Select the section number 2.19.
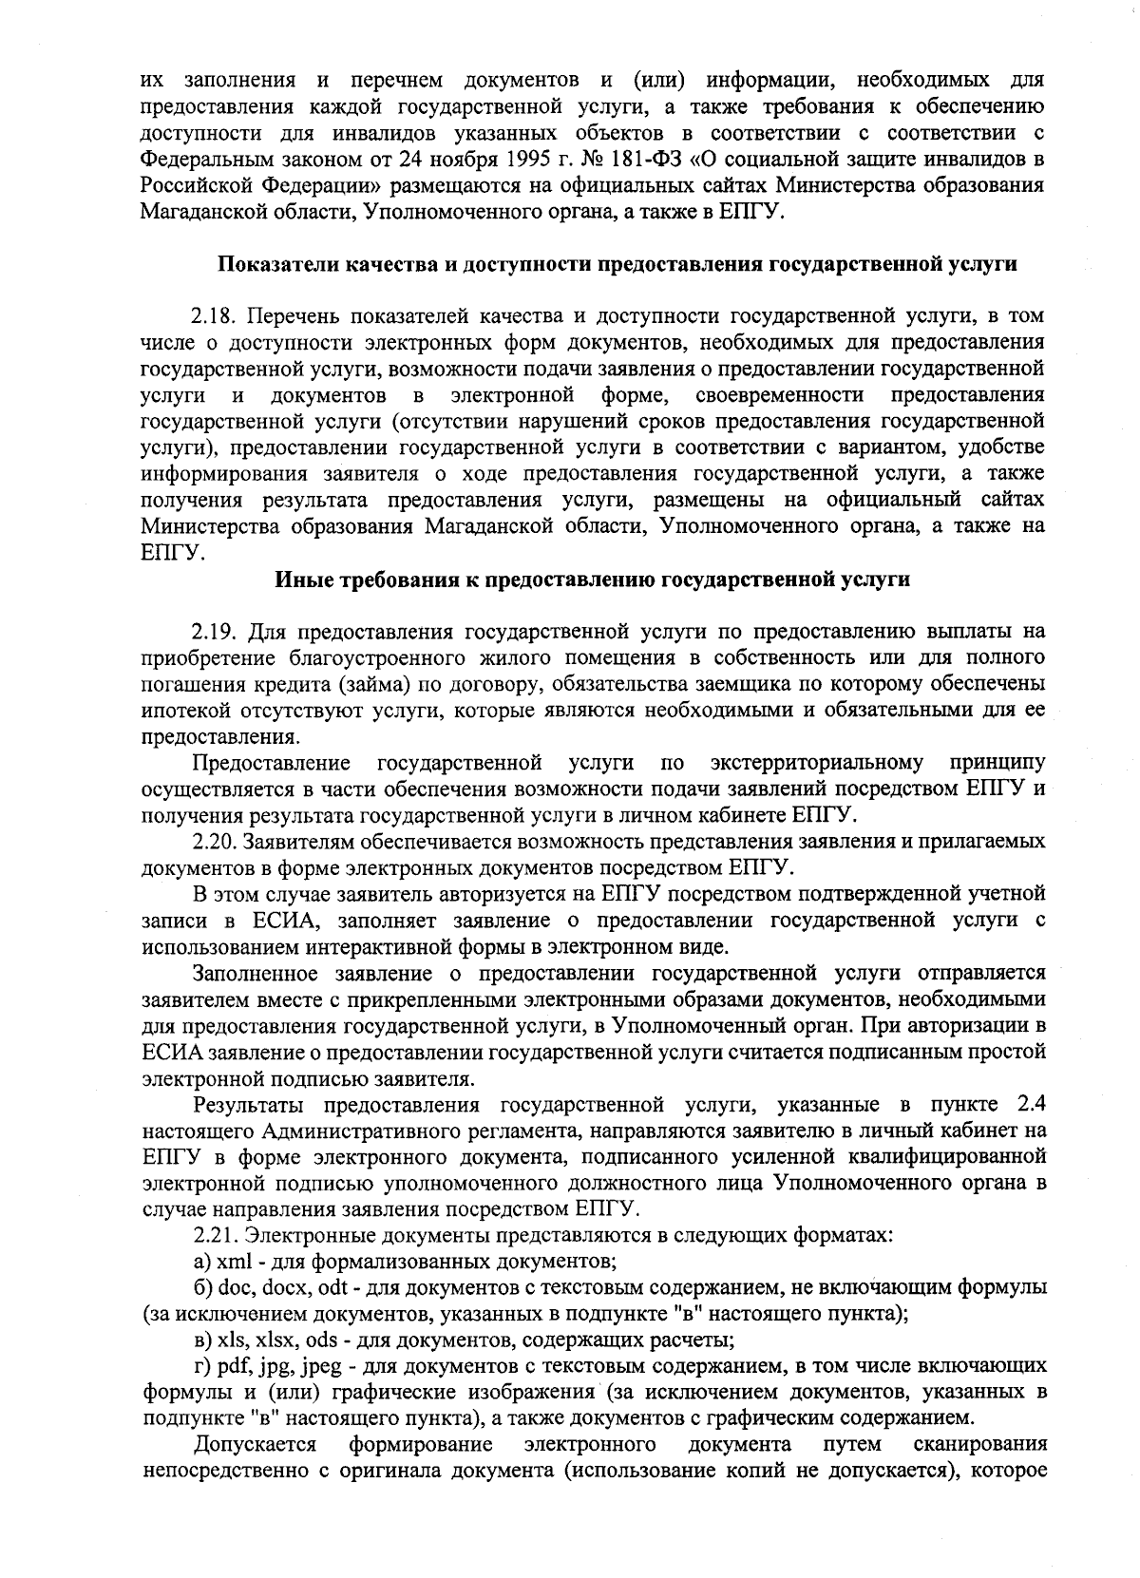point(214,631)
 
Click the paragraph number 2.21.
point(214,1236)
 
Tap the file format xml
point(234,1263)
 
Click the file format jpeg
point(321,1367)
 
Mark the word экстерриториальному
point(816,763)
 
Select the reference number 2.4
point(1032,1105)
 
